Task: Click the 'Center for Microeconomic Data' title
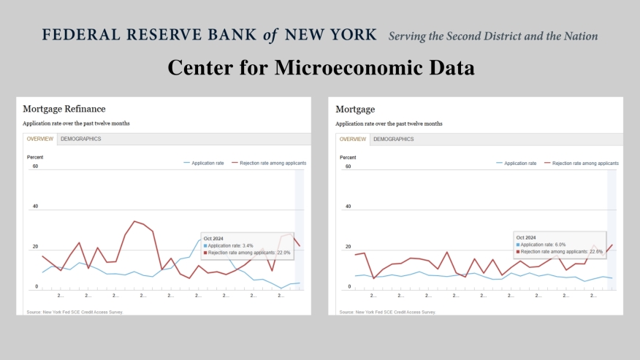click(321, 67)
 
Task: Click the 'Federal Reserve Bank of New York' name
click(210, 35)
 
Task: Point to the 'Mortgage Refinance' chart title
click(64, 109)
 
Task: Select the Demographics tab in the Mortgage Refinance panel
click(80, 139)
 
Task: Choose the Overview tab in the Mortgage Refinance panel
click(40, 139)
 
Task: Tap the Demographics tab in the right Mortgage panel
click(393, 139)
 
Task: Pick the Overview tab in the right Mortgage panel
click(353, 139)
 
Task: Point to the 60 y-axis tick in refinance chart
click(34, 166)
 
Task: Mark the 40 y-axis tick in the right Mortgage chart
click(348, 207)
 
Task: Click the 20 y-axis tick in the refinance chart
click(34, 247)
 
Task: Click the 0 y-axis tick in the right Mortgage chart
click(349, 287)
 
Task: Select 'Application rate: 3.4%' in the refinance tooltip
click(230, 245)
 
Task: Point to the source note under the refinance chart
click(73, 312)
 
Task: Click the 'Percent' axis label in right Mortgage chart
click(348, 157)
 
